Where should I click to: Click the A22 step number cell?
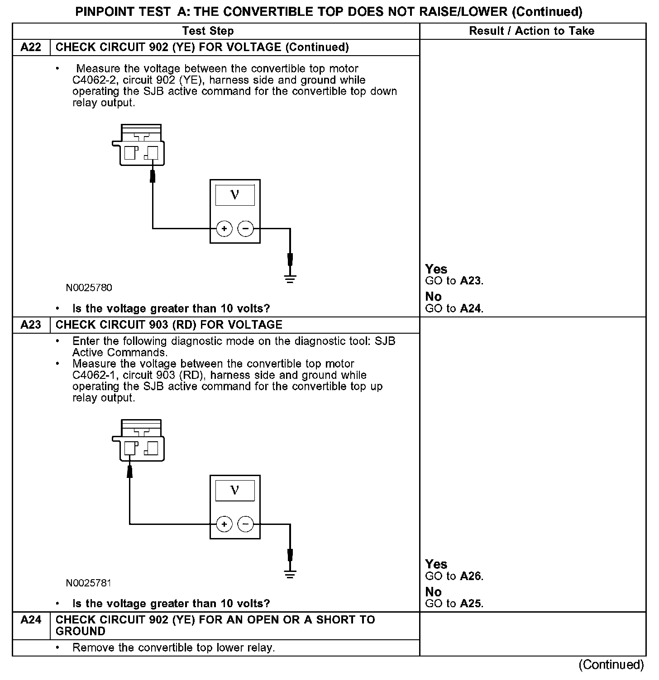(31, 47)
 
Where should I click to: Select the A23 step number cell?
(31, 325)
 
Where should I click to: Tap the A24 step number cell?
(31, 620)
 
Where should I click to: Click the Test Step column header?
(208, 31)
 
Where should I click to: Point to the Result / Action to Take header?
(532, 31)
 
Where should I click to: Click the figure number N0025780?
(89, 288)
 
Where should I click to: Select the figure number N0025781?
(89, 583)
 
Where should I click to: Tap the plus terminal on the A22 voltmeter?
(224, 229)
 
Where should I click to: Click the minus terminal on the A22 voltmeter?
(246, 229)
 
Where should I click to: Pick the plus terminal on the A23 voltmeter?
(224, 524)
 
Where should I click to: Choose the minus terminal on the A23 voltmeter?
(246, 524)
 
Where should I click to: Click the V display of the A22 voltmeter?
(235, 195)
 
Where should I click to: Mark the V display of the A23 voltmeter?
(235, 491)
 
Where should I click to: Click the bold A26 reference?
(471, 576)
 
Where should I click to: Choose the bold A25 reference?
(471, 604)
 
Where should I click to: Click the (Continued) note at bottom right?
(611, 664)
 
